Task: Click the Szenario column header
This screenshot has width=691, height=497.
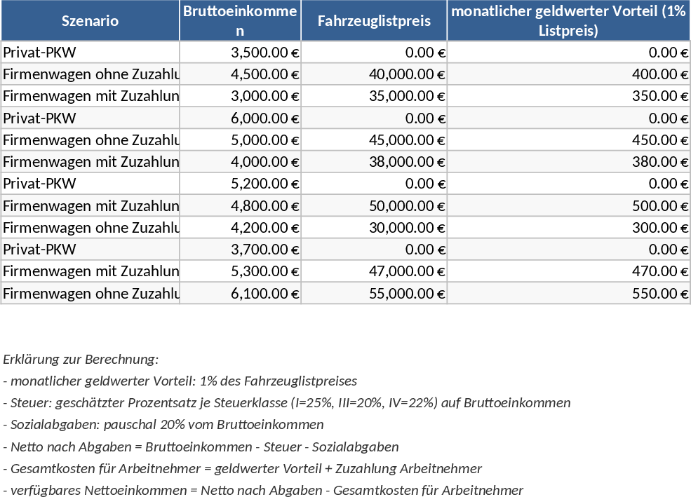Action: click(x=90, y=20)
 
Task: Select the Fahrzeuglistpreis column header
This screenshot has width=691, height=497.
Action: click(x=374, y=20)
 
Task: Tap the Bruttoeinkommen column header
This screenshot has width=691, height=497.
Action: click(x=240, y=20)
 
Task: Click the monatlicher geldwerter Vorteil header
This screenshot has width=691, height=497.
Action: click(x=568, y=20)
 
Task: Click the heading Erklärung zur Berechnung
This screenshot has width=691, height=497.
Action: click(x=81, y=360)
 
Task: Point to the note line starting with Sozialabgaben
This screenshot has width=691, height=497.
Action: click(x=163, y=425)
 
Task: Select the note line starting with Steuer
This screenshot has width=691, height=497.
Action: click(x=286, y=403)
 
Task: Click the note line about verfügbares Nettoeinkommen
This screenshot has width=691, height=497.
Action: click(x=263, y=490)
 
